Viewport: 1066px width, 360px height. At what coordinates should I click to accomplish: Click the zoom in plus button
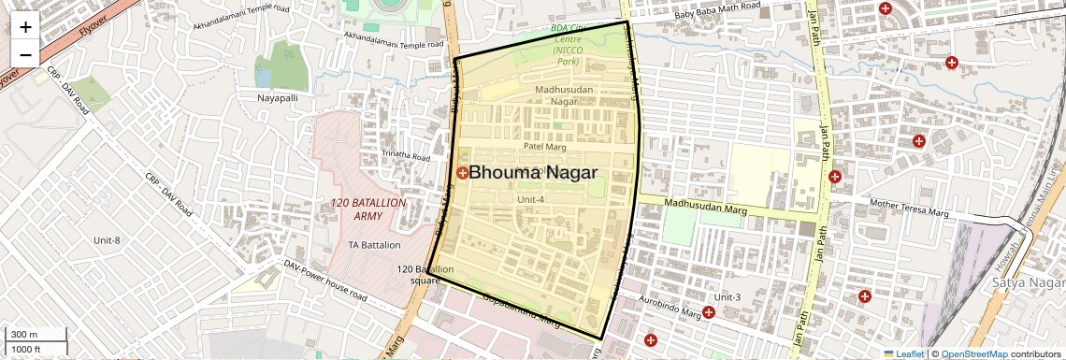pyautogui.click(x=25, y=27)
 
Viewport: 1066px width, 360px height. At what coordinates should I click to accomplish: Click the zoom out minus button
pyautogui.click(x=25, y=54)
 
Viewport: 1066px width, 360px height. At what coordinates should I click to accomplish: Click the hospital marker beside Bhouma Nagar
pyautogui.click(x=462, y=173)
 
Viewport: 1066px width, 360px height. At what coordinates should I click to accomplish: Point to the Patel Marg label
pyautogui.click(x=546, y=146)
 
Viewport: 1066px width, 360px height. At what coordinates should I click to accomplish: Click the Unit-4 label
pyautogui.click(x=529, y=198)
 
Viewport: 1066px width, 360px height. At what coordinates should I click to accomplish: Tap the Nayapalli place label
pyautogui.click(x=278, y=97)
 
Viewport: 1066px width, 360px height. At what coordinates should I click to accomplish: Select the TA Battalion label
pyautogui.click(x=374, y=245)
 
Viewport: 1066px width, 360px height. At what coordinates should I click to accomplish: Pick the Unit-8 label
pyautogui.click(x=107, y=240)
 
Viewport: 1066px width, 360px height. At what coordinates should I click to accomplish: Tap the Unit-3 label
pyautogui.click(x=727, y=297)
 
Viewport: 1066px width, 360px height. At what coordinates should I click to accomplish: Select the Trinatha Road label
pyautogui.click(x=406, y=155)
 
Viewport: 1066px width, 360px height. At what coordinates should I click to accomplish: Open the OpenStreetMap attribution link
pyautogui.click(x=974, y=353)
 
